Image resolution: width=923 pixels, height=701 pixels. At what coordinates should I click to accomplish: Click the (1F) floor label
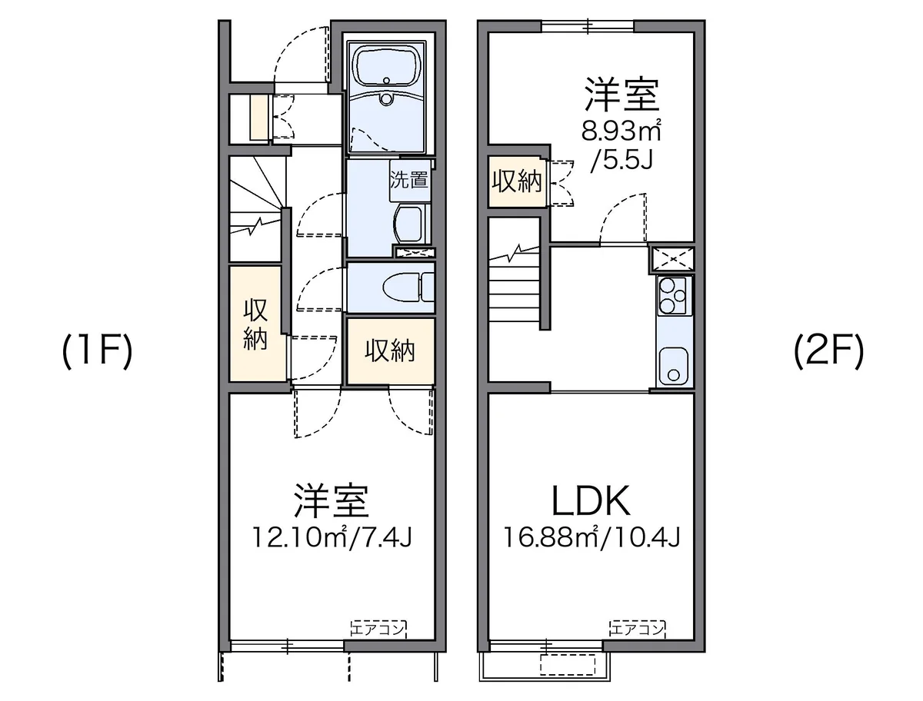click(x=97, y=351)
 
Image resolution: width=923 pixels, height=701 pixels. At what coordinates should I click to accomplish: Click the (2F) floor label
click(x=829, y=351)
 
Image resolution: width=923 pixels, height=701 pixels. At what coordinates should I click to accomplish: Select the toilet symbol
click(x=408, y=287)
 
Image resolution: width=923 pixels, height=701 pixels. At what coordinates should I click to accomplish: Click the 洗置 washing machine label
click(x=408, y=179)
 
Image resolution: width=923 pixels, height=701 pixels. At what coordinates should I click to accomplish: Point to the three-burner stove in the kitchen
click(x=674, y=296)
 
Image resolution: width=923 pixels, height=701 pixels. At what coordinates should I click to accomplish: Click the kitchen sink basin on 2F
click(x=674, y=366)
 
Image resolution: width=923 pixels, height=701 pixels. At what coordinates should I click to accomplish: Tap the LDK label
click(x=591, y=500)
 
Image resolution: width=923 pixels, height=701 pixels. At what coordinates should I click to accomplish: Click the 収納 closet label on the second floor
click(x=517, y=181)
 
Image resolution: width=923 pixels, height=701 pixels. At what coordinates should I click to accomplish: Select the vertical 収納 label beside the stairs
click(x=255, y=324)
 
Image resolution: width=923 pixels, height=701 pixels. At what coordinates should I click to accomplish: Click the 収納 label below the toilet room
click(x=390, y=350)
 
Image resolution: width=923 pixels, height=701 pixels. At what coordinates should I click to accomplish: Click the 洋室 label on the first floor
click(x=332, y=500)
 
